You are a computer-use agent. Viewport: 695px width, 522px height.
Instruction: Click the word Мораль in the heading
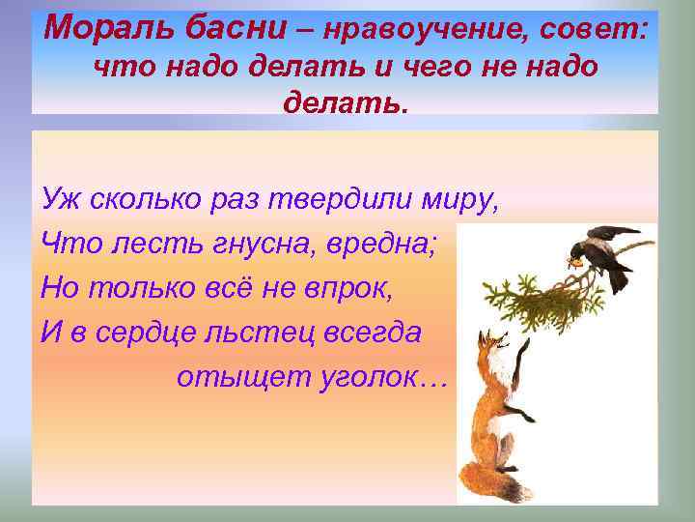[100, 29]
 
